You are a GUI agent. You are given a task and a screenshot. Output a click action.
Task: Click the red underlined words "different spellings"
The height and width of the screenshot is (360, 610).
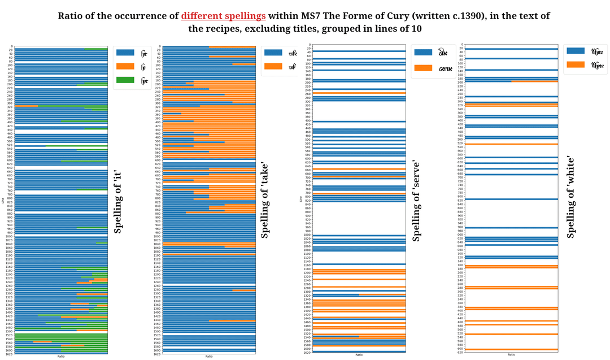(x=223, y=16)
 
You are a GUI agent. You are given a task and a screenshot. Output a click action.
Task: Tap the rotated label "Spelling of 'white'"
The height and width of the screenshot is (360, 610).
(x=570, y=197)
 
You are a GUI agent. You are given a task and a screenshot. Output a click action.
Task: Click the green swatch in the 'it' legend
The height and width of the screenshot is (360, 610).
(x=125, y=80)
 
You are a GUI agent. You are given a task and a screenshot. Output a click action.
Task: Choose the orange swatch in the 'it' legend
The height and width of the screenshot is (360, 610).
(x=125, y=66)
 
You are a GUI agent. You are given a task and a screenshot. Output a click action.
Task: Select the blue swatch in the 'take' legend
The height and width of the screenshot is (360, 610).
(x=273, y=53)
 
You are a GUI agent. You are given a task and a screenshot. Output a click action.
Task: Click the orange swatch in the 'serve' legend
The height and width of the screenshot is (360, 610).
(x=424, y=68)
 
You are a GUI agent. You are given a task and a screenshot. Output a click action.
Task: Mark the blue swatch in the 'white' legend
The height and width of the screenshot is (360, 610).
(x=576, y=51)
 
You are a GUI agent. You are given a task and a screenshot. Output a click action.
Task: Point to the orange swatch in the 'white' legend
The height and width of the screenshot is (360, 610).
(x=576, y=65)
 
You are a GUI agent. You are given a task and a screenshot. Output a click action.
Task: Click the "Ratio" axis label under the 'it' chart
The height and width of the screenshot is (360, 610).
(x=60, y=356)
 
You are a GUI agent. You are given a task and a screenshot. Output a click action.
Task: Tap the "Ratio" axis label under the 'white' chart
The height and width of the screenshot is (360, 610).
(x=511, y=355)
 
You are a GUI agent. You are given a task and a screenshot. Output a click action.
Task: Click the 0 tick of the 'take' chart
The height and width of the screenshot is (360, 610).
(x=159, y=46)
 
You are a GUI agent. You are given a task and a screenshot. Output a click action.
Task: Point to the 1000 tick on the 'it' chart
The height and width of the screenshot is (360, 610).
(x=10, y=236)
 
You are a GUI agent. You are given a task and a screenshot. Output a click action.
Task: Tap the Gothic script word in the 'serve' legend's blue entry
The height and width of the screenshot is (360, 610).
(x=443, y=53)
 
